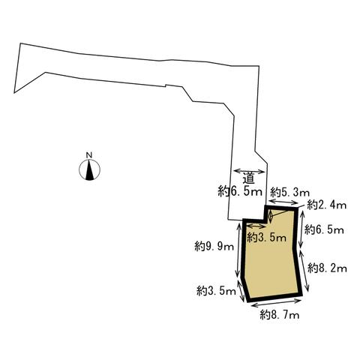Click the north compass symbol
[x=89, y=169]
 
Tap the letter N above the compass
[x=89, y=155]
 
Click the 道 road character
[x=249, y=179]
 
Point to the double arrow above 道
[x=249, y=171]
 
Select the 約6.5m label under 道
[x=240, y=192]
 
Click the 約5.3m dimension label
[x=290, y=193]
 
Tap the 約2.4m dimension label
[x=327, y=205]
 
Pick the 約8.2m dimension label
[x=327, y=268]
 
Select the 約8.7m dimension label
[x=280, y=314]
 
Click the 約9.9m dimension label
[x=214, y=247]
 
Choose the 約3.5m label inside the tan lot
[x=266, y=237]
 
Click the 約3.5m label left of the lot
[x=216, y=291]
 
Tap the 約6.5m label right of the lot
[x=324, y=229]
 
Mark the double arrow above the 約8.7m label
[x=276, y=303]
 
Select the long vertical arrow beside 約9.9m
[x=238, y=249]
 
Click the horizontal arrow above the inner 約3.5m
[x=256, y=226]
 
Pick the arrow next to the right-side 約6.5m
[x=302, y=229]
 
